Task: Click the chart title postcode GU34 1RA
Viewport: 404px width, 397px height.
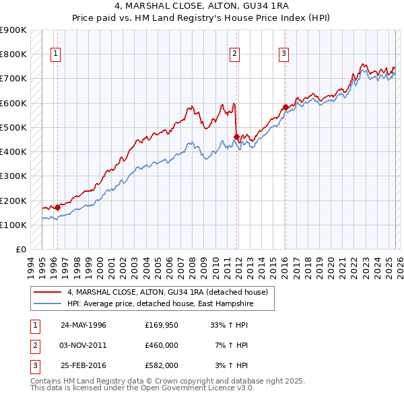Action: [257, 5]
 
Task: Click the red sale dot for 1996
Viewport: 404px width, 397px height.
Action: [58, 207]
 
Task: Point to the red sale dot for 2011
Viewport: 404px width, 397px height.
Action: [236, 137]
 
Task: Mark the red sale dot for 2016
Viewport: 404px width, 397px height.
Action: [285, 107]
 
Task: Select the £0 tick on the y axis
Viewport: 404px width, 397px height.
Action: [20, 249]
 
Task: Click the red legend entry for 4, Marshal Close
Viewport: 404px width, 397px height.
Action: [168, 292]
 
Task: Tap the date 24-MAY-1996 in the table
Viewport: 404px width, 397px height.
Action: [83, 325]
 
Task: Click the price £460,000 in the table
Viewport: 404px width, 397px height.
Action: [162, 345]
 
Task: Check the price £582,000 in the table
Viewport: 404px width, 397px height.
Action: [162, 365]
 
